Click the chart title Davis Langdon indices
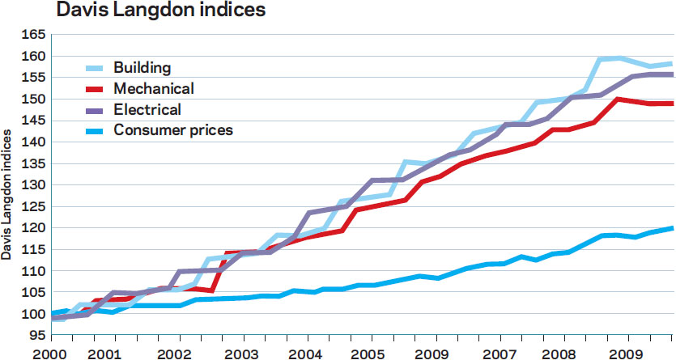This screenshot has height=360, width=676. tap(160, 10)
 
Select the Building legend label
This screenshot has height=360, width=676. tap(142, 68)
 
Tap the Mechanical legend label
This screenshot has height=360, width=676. tap(154, 89)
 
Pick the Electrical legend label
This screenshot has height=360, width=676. tap(147, 109)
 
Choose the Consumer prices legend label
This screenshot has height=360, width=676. tap(173, 130)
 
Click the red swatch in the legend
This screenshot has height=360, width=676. tap(95, 89)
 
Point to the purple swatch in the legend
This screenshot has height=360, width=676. tap(95, 110)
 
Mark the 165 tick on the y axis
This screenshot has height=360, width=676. tap(33, 35)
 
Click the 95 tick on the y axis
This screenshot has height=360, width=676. tap(37, 335)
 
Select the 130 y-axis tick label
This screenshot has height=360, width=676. tap(33, 184)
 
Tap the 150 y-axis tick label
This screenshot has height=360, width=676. tap(33, 99)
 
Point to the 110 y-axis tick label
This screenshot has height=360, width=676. tap(33, 271)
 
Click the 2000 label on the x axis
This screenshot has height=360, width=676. tap(51, 354)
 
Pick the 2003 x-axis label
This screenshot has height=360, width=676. tap(241, 354)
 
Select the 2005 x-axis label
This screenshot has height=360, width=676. tap(368, 354)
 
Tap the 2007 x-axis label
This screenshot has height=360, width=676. tap(499, 354)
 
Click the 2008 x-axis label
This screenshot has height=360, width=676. tap(559, 354)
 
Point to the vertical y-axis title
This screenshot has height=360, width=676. tap(6, 195)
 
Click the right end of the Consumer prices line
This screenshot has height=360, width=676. tap(673, 228)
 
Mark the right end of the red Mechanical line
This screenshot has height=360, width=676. tap(673, 104)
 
